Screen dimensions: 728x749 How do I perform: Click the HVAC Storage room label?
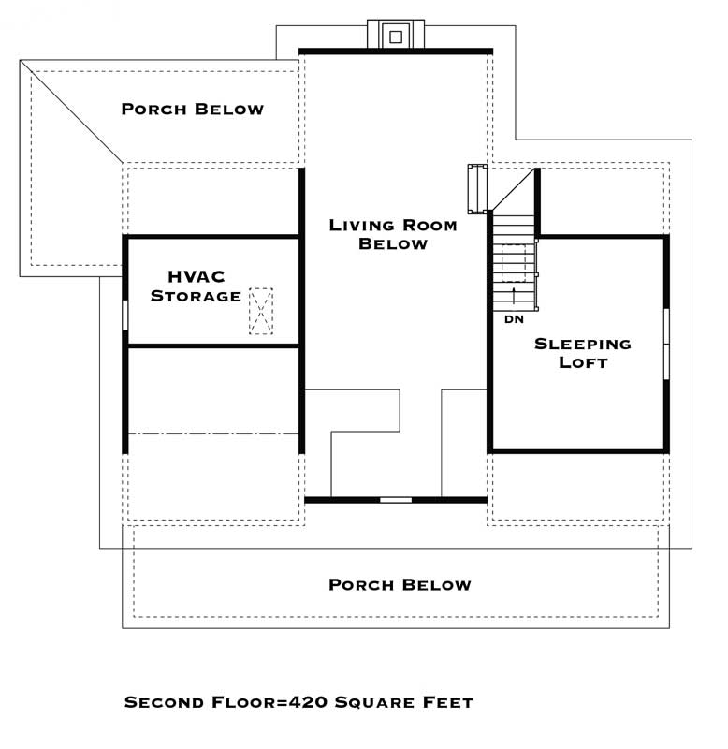[x=196, y=286]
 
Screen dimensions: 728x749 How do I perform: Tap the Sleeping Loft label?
[x=583, y=353]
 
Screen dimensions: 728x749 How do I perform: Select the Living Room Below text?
[x=393, y=234]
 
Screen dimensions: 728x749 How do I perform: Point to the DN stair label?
[x=514, y=319]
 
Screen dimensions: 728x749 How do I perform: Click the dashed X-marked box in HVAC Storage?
[x=261, y=311]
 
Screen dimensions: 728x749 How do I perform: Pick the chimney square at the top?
[x=396, y=37]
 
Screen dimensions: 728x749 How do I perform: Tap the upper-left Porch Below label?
[x=193, y=109]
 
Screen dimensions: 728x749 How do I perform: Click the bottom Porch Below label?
[x=400, y=584]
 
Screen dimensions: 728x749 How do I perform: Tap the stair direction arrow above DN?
[x=514, y=296]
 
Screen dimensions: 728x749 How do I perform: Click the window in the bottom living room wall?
[x=396, y=500]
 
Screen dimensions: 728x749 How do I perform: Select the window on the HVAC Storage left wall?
[x=125, y=315]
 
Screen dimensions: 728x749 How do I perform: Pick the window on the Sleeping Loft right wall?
[x=666, y=344]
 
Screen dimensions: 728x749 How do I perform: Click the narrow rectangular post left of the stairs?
[x=477, y=189]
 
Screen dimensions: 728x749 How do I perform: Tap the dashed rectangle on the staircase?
[x=513, y=263]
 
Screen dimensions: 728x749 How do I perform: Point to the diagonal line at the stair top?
[x=513, y=189]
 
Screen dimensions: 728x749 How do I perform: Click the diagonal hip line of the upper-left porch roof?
[x=71, y=111]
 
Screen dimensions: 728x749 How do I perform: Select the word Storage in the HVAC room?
[x=196, y=296]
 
